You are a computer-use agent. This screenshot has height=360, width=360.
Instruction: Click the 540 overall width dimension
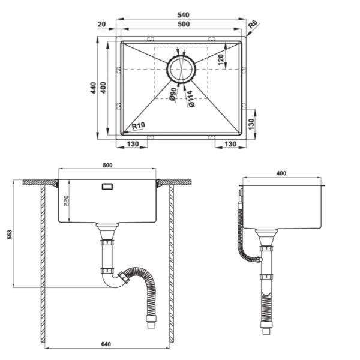[183, 15]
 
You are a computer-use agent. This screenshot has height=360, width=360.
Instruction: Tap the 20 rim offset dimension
[101, 24]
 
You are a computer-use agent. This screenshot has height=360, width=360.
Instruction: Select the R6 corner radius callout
[253, 24]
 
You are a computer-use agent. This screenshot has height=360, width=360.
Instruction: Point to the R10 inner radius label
[139, 125]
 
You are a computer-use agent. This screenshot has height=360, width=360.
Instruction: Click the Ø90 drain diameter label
[173, 95]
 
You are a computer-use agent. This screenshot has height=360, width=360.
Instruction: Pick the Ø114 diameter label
[190, 99]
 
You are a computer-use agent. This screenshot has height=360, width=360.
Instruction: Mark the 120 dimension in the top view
[221, 59]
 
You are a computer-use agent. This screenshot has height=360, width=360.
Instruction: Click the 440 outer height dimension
[93, 88]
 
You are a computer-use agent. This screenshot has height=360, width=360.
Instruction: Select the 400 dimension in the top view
[103, 88]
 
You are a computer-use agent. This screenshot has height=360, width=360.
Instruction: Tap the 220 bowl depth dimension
[66, 201]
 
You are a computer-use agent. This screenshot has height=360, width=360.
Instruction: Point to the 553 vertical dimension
[10, 235]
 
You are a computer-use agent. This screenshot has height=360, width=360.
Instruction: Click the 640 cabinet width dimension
[106, 344]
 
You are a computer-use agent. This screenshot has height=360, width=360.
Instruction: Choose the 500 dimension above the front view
[107, 166]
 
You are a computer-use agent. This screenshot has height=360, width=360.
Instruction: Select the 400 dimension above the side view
[281, 173]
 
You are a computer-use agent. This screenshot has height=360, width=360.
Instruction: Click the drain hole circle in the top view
[181, 69]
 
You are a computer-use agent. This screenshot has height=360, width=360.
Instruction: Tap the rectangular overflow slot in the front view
[107, 187]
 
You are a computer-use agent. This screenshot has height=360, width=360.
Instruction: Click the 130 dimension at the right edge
[251, 124]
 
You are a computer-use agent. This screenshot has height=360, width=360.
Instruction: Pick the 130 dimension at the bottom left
[133, 144]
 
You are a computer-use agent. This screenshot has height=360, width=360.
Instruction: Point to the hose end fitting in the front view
[151, 322]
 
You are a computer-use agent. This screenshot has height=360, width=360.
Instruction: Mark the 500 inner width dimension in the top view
[184, 24]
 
